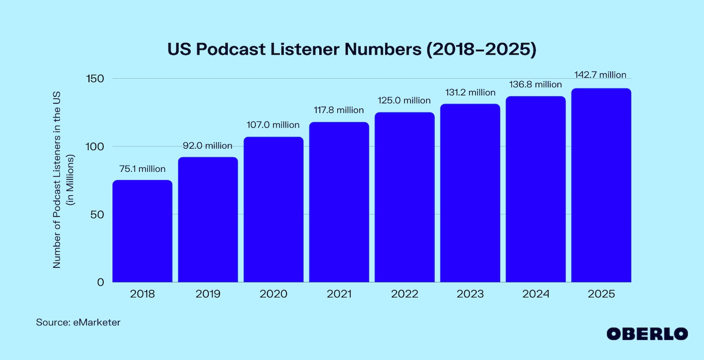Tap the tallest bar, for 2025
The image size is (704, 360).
(601, 185)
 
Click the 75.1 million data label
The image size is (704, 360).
(142, 169)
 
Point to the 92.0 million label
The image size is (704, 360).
(208, 146)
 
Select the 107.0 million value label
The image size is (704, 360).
(273, 125)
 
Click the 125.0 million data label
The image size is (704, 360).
(404, 101)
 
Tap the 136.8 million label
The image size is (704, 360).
(535, 85)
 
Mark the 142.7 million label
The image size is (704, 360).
(601, 75)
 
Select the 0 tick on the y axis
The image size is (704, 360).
(100, 282)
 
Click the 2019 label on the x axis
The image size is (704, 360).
(208, 294)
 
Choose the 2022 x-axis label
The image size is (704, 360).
(404, 294)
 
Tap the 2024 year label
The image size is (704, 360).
(535, 294)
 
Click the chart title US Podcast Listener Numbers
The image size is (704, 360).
(352, 50)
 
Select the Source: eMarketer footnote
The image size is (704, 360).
(78, 323)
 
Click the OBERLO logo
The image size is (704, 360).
(647, 334)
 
